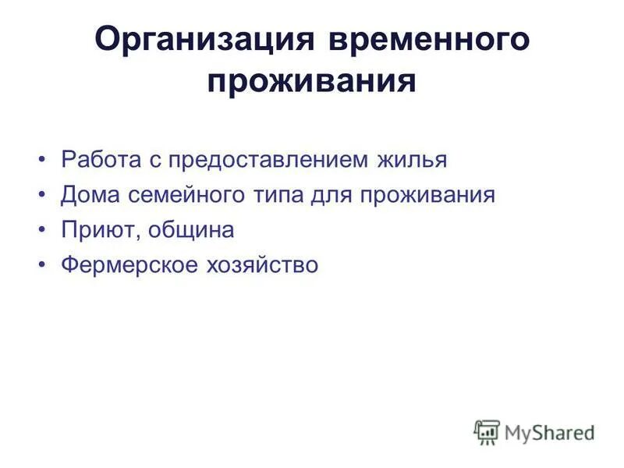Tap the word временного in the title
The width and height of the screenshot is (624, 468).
click(x=423, y=40)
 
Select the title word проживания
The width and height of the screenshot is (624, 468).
click(x=311, y=80)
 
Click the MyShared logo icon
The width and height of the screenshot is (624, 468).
click(x=487, y=431)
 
